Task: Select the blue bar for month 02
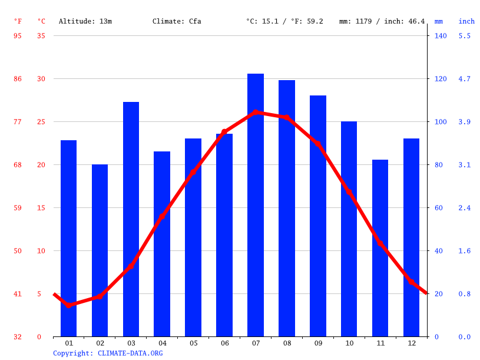point(100,250)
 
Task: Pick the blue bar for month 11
point(380,248)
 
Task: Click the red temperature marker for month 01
point(69,305)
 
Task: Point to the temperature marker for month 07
point(256,112)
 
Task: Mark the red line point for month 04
point(162,217)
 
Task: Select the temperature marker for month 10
point(349,192)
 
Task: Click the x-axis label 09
point(318,343)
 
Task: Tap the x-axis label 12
point(411,343)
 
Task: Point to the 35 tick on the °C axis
point(41,36)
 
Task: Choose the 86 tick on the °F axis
point(18,79)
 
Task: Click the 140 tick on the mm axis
point(441,36)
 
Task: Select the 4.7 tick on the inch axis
point(465,79)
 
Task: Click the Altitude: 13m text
point(85,21)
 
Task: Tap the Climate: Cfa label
point(177,21)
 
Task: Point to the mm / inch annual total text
point(382,21)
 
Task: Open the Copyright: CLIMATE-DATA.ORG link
point(108,353)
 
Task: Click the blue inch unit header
point(466,21)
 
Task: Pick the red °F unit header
point(18,21)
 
